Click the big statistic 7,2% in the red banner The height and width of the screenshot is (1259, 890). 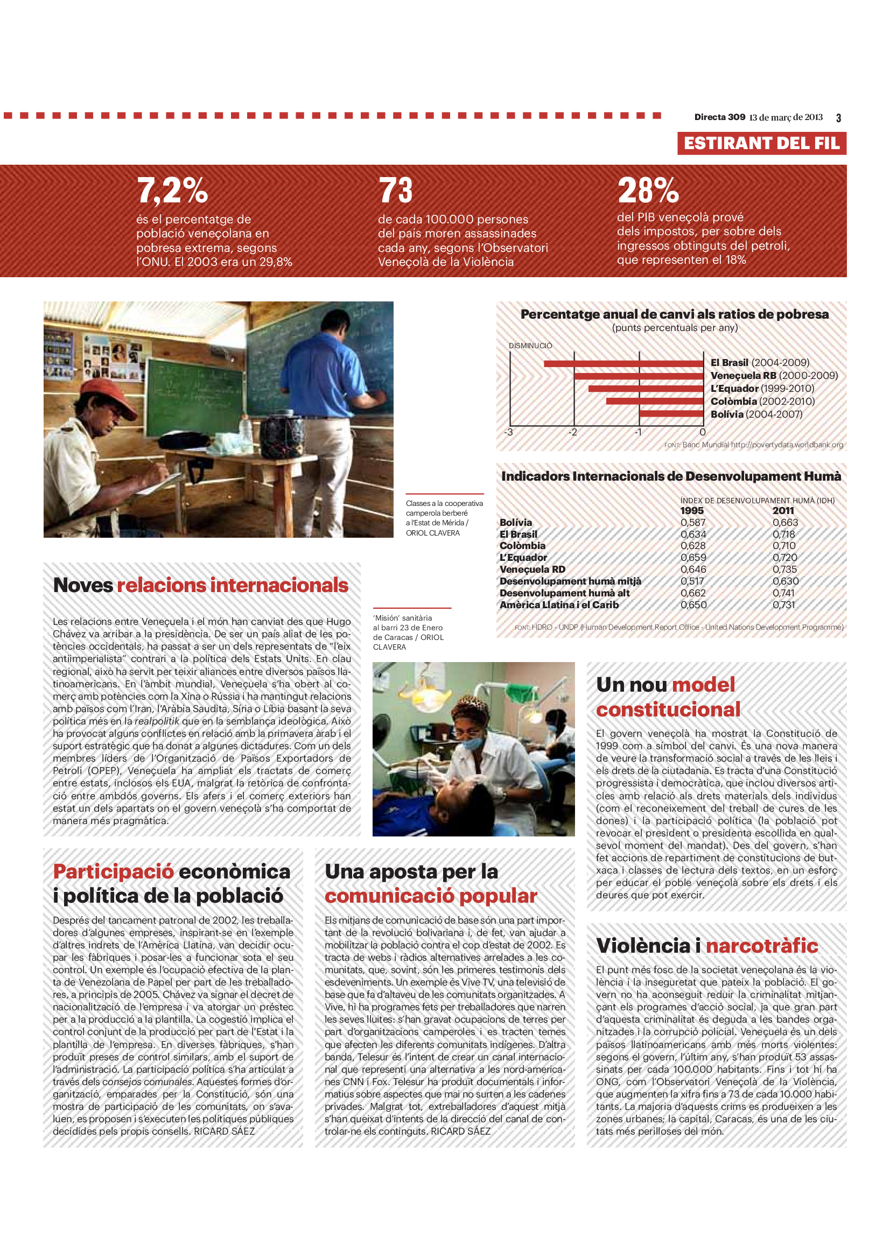click(x=172, y=191)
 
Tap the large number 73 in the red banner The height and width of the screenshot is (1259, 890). click(x=395, y=191)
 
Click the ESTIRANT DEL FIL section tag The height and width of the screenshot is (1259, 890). click(x=761, y=144)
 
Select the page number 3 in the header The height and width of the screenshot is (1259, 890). click(x=838, y=118)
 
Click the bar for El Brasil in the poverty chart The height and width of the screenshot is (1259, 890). click(x=623, y=363)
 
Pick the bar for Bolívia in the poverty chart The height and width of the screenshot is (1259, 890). click(x=671, y=414)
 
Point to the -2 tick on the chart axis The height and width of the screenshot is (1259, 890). click(x=572, y=432)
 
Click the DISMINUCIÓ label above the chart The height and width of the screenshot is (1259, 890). click(x=530, y=346)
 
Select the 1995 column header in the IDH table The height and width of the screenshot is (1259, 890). click(x=692, y=510)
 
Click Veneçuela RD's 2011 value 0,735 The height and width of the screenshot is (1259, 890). click(x=784, y=569)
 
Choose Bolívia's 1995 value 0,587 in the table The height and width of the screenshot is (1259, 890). click(x=693, y=523)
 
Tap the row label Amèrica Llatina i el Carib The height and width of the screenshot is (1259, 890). click(x=559, y=605)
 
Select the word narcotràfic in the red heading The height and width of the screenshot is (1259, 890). click(x=762, y=946)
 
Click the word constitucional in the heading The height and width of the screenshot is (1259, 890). click(x=668, y=709)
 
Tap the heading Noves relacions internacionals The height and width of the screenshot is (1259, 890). click(x=201, y=585)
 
